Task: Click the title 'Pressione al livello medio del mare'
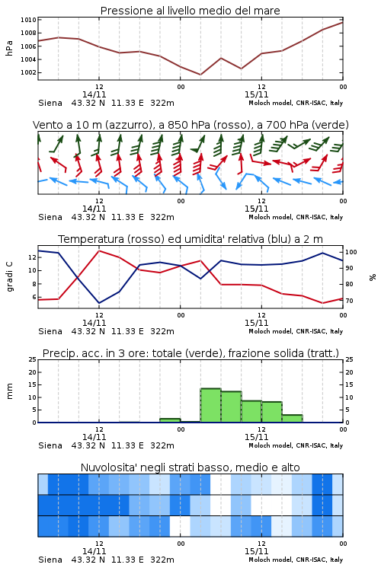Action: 190,11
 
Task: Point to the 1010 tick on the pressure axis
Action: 28,20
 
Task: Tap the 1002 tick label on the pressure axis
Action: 28,72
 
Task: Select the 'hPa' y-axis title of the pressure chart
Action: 9,48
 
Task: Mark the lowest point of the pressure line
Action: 200,75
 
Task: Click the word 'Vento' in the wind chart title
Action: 45,125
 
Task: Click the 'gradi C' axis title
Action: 9,276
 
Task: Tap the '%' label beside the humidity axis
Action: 373,277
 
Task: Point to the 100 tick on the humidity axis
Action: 351,252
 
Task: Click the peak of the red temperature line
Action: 99,251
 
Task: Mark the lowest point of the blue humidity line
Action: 99,303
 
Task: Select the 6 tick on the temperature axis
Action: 34,297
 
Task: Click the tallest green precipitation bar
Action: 211,405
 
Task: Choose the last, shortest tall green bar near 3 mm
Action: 292,419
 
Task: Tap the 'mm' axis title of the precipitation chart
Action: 9,391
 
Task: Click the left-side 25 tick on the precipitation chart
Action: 33,359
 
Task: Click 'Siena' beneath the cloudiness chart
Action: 50,560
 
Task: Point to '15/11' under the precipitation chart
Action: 256,437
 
